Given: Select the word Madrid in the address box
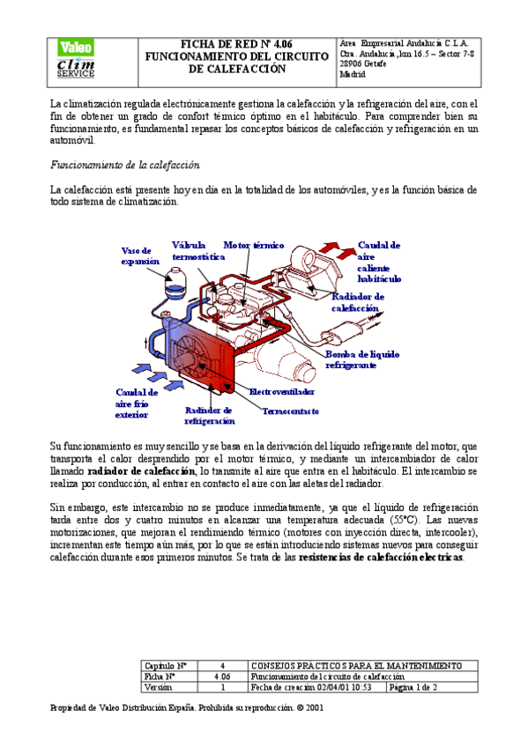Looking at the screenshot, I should point(353,76).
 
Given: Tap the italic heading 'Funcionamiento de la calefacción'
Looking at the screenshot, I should point(126,166).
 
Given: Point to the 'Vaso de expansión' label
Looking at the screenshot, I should point(140,255).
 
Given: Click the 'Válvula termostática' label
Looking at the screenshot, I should point(196,251).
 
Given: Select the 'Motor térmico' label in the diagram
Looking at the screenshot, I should point(253,245).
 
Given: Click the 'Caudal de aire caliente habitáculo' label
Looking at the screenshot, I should point(379,261).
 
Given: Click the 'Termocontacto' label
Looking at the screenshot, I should point(290,411).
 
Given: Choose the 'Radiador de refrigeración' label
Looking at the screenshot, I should point(209,416).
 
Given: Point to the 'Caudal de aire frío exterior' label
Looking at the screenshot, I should point(137,403).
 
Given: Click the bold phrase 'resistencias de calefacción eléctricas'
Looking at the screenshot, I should point(381,558).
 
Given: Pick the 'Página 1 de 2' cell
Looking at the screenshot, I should point(413,688).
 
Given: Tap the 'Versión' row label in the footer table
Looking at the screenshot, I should point(159,688).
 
